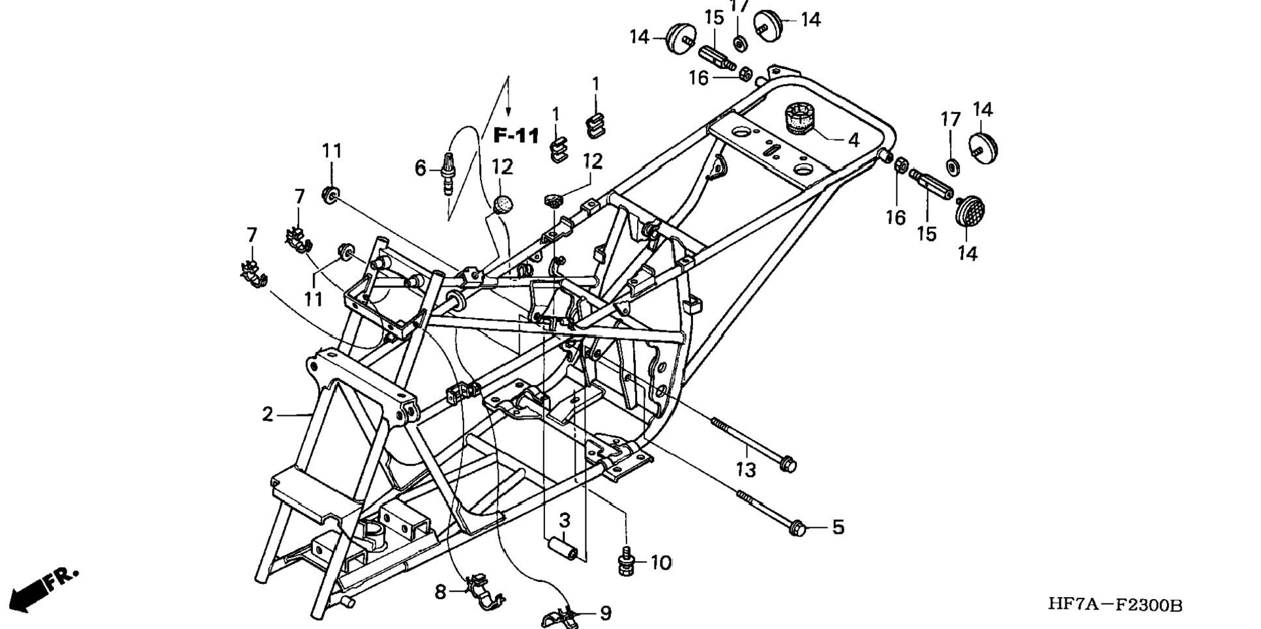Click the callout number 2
267,414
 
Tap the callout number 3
565,520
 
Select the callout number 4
853,139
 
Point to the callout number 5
838,527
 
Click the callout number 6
421,168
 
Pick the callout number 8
441,592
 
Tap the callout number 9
606,613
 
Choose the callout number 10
661,563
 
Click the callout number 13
745,469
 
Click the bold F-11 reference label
516,136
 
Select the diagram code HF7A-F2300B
1115,605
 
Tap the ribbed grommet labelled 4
801,118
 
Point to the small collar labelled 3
563,546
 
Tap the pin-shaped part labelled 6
449,173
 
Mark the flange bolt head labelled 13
788,465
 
